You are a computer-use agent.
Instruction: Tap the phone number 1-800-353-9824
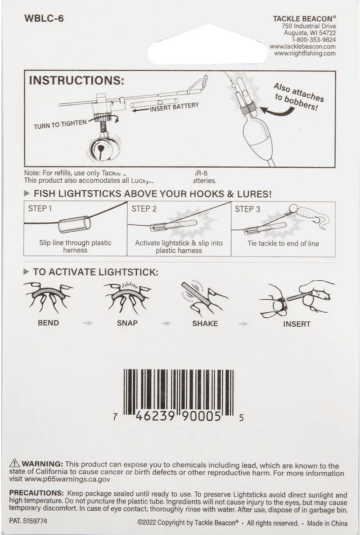pos(310,40)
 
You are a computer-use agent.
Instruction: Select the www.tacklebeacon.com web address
pos(303,46)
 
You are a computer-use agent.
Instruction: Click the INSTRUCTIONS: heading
pos(76,81)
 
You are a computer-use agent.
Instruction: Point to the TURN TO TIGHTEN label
pos(60,124)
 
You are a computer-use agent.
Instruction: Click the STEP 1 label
pos(40,209)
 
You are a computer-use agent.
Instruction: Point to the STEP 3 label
pos(247,209)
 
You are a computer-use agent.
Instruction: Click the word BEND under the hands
pos(48,323)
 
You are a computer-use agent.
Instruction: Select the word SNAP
pos(127,323)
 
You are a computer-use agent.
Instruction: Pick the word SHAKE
pos(205,323)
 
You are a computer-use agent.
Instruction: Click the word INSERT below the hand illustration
pos(297,324)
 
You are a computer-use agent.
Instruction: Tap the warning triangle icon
pos(14,464)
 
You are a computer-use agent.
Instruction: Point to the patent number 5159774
pos(35,522)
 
